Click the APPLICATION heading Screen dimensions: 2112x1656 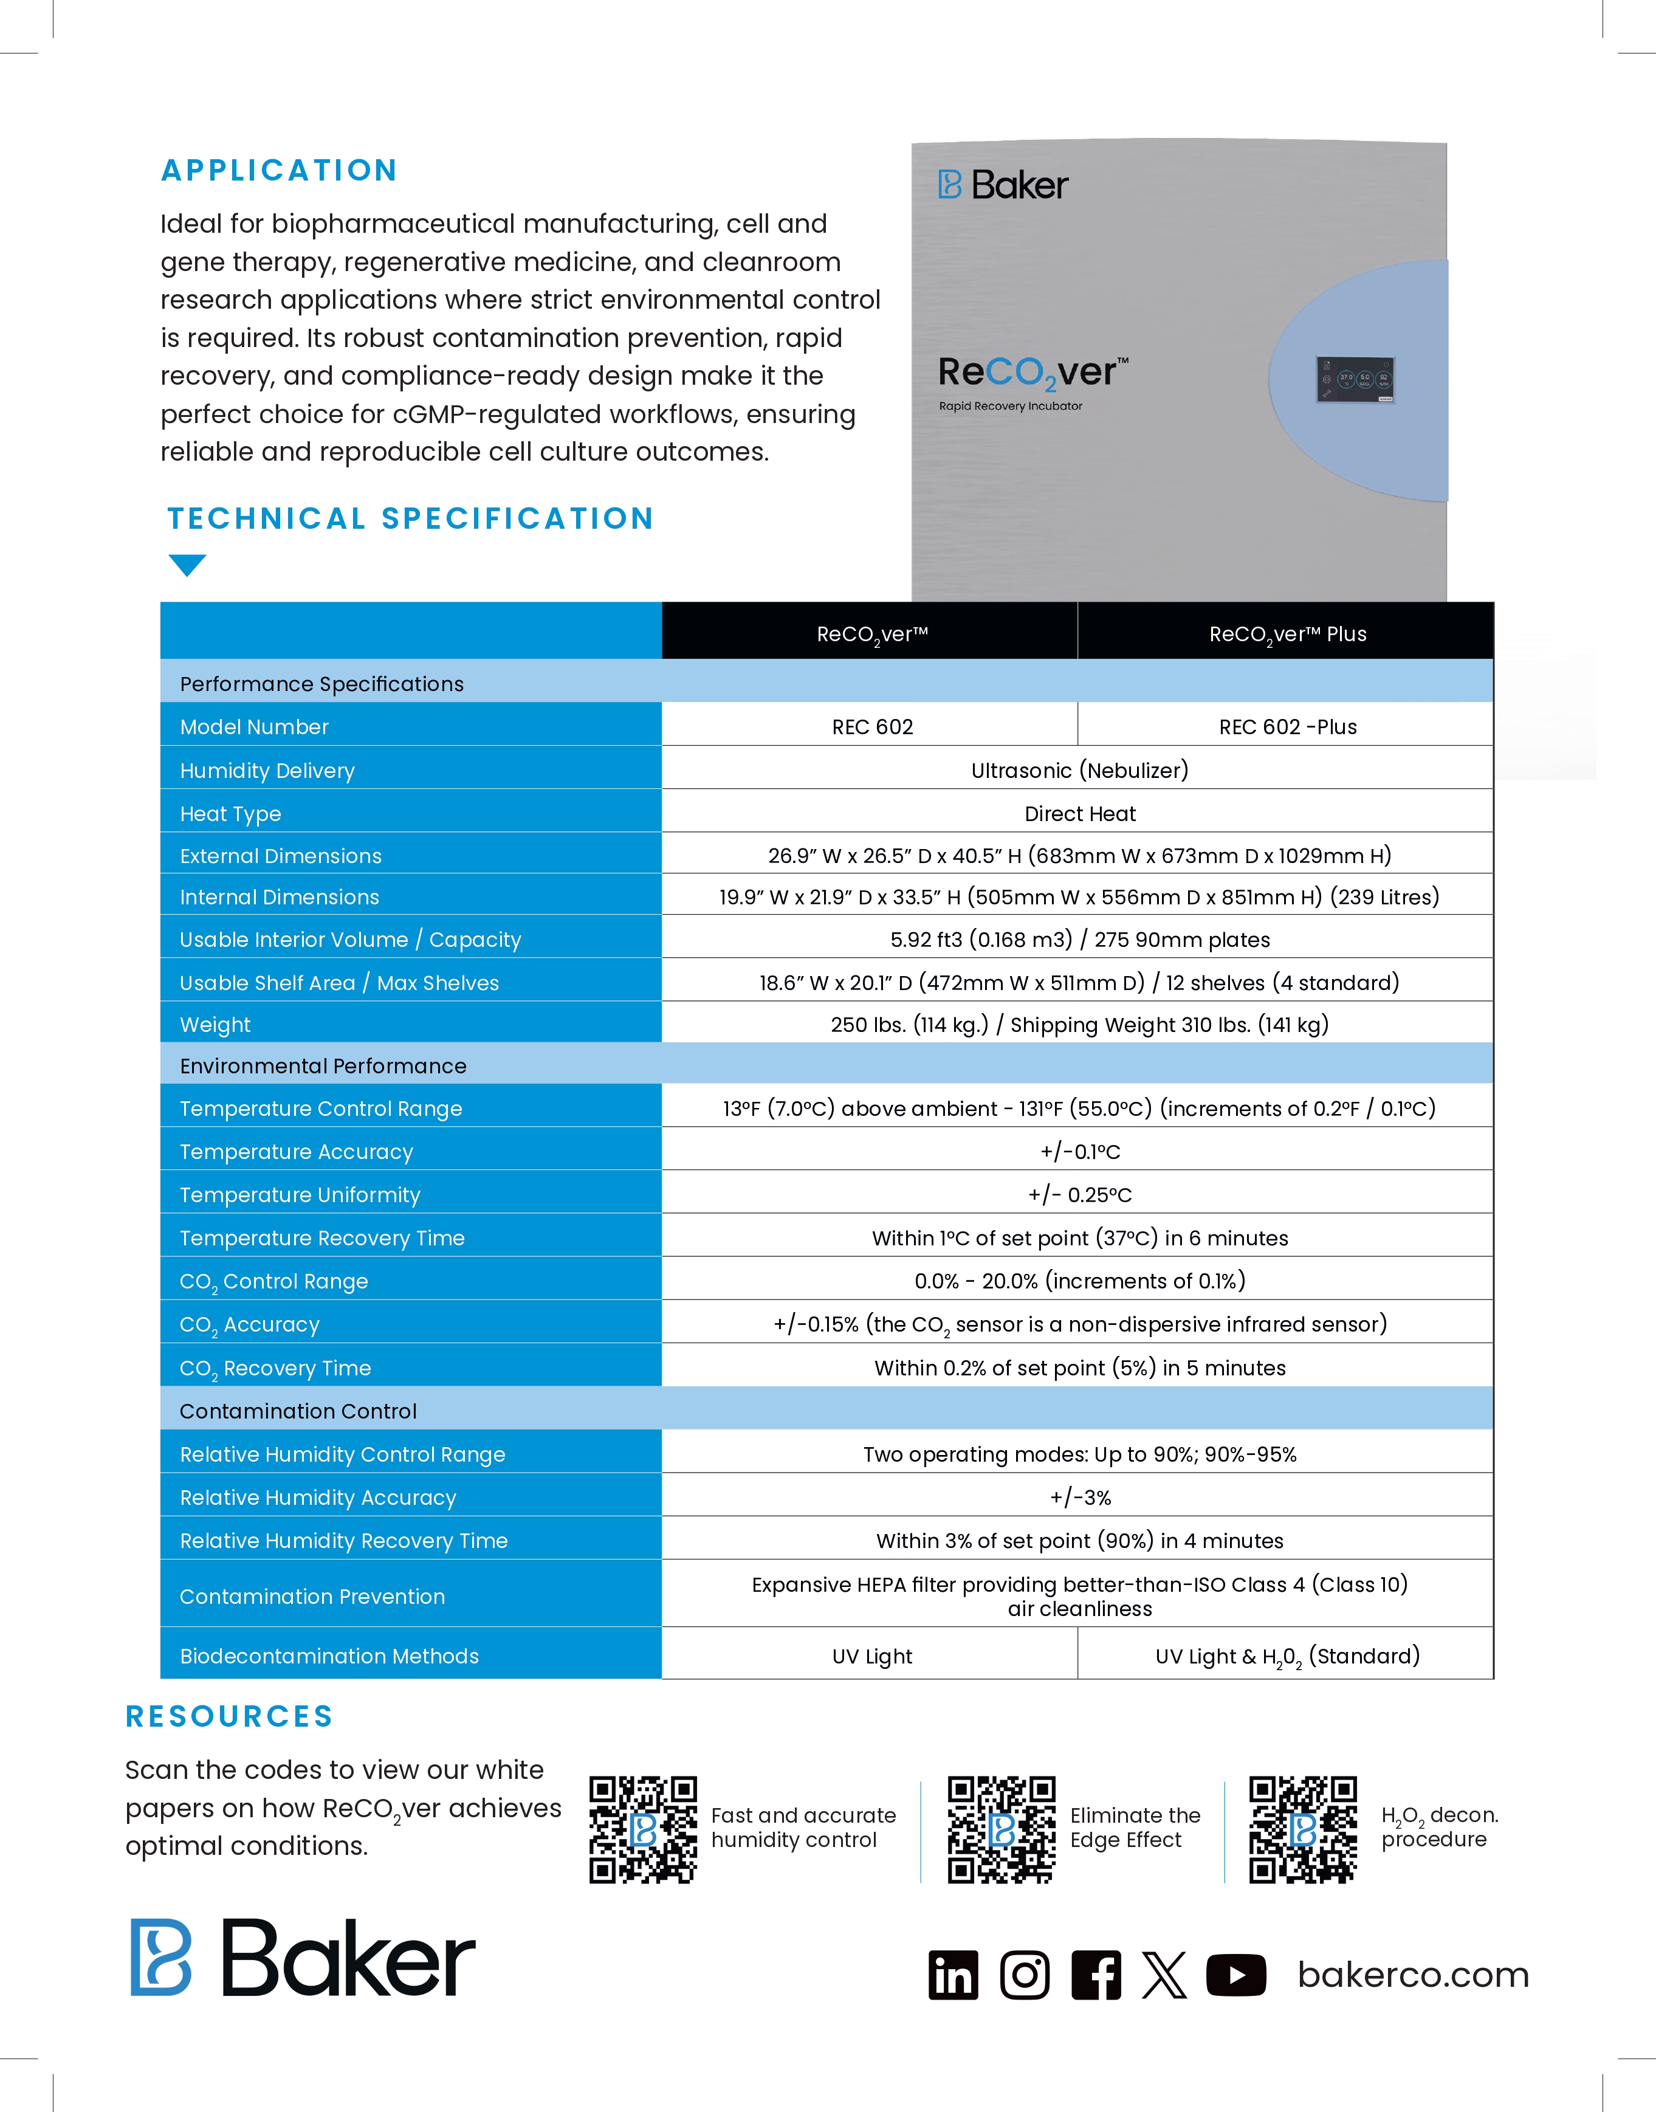pos(279,171)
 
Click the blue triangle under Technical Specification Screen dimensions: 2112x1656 pos(187,565)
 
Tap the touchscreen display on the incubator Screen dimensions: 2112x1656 pos(1355,379)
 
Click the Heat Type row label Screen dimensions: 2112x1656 pos(231,814)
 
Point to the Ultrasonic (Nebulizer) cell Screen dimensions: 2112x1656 pos(1079,770)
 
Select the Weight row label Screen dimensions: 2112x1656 pos(215,1025)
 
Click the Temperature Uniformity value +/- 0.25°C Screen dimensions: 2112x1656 pos(1079,1195)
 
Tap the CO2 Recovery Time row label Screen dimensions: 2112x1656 pos(275,1368)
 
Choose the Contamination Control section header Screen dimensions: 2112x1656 pos(298,1411)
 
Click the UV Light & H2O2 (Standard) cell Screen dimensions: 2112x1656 pos(1287,1656)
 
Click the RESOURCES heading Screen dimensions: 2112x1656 pos(230,1716)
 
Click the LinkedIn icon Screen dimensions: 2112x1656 pos(953,1975)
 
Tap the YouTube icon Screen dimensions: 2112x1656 pos(1235,1975)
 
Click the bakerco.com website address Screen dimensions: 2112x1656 pos(1413,1975)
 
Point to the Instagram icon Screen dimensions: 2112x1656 pos(1024,1975)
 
